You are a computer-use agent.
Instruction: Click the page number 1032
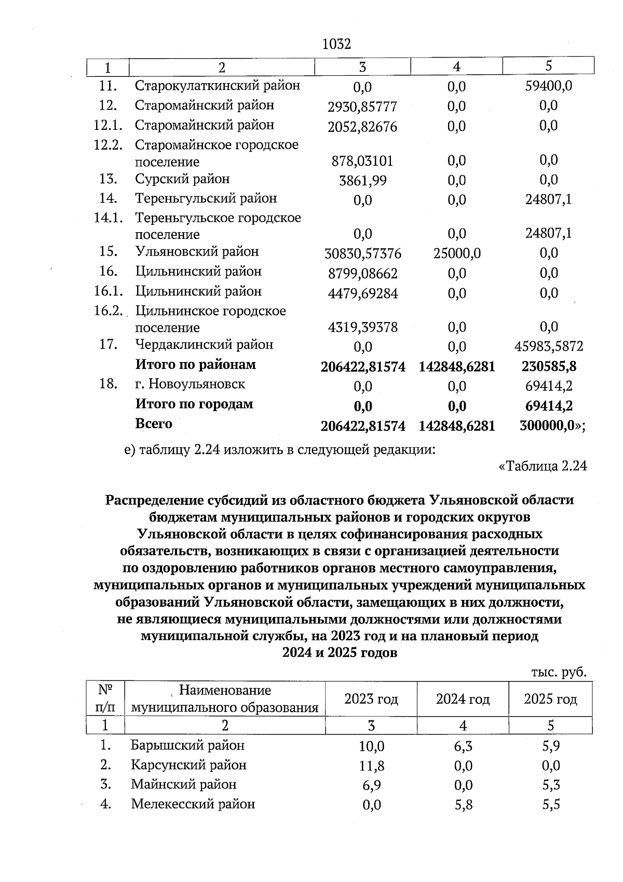[x=336, y=44]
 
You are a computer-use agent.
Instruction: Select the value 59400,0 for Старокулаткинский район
[x=548, y=85]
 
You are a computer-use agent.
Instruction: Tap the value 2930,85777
[x=362, y=107]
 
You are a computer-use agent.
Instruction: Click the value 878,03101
[x=362, y=161]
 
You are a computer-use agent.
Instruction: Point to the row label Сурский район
[x=182, y=179]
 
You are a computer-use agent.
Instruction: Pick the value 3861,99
[x=362, y=181]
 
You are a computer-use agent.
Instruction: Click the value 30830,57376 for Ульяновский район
[x=362, y=253]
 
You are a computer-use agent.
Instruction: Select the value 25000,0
[x=456, y=253]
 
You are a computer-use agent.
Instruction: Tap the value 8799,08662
[x=362, y=273]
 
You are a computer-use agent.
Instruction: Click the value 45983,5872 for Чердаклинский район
[x=548, y=346]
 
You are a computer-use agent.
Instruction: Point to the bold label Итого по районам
[x=195, y=365]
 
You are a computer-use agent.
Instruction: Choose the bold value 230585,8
[x=548, y=366]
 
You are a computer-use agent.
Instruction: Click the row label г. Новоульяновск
[x=190, y=384]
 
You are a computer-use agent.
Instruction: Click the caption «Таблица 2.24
[x=543, y=466]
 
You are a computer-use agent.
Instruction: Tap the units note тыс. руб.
[x=559, y=672]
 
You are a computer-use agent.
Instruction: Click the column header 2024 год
[x=463, y=699]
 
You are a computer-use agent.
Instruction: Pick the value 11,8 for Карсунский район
[x=371, y=766]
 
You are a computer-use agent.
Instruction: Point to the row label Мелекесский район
[x=193, y=804]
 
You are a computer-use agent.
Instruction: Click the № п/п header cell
[x=106, y=699]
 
